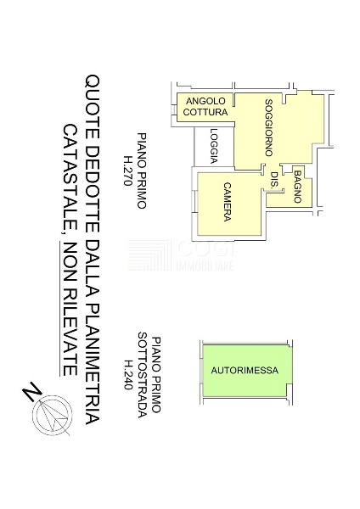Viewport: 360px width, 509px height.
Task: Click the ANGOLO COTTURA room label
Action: coord(205,107)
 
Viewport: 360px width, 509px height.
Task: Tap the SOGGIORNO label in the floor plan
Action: coord(268,127)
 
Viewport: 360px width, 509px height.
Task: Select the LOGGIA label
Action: coord(214,146)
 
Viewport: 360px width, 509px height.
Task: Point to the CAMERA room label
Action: coord(227,202)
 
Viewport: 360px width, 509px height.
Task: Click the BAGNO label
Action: coord(297,187)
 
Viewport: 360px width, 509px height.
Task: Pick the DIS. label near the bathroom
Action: coord(274,179)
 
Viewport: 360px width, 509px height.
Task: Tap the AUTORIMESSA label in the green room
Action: coord(245,370)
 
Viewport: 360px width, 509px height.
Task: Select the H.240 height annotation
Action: coord(128,375)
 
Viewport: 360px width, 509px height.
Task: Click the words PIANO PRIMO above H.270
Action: coord(142,171)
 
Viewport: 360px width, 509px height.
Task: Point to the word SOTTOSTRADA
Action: coord(143,375)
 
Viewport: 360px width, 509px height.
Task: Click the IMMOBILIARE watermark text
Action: coord(205,266)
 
